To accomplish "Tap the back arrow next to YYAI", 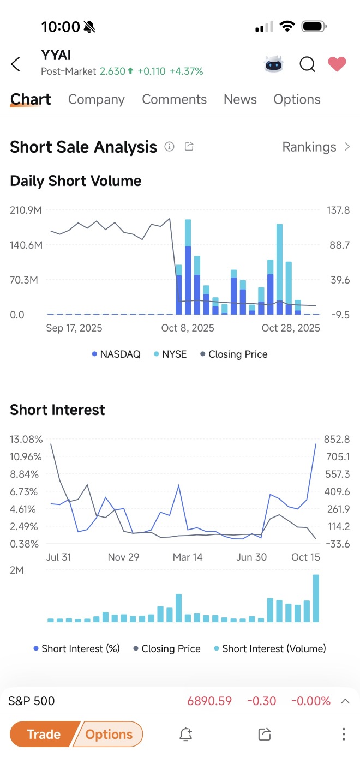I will [x=16, y=64].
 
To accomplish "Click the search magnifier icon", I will [x=307, y=64].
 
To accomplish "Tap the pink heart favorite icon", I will [x=337, y=64].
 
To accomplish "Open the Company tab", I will [x=96, y=99].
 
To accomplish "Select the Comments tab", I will [x=174, y=99].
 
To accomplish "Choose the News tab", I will [x=240, y=99].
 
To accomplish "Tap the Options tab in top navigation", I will [x=297, y=99].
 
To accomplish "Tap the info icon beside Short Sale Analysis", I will [x=170, y=147].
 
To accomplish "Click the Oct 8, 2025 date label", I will [x=188, y=328].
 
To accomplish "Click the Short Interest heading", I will [x=57, y=410].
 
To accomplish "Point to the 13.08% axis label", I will [x=26, y=440].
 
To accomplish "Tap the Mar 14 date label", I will [x=188, y=557].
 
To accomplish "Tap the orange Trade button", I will [x=44, y=735].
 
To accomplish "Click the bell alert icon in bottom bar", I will [x=185, y=735].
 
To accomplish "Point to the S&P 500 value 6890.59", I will [x=209, y=701].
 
